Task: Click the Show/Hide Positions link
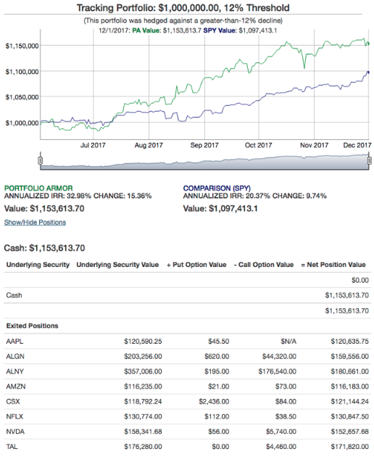point(35,223)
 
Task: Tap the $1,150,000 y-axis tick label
point(22,46)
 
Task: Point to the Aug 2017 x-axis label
point(149,145)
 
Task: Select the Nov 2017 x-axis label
point(314,145)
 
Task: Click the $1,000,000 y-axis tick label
point(22,123)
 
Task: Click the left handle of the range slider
point(40,160)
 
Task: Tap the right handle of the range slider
point(370,160)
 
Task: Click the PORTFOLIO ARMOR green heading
point(38,189)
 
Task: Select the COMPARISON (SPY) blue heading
point(217,189)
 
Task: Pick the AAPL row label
point(14,341)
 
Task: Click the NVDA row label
point(15,432)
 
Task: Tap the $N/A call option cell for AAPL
point(288,341)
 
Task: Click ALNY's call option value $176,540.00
point(278,371)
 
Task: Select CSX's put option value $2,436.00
point(214,401)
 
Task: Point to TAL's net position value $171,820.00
point(349,447)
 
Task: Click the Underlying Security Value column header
point(117,265)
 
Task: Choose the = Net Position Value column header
point(333,265)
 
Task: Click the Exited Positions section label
point(32,326)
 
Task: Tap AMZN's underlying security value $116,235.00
point(143,387)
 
